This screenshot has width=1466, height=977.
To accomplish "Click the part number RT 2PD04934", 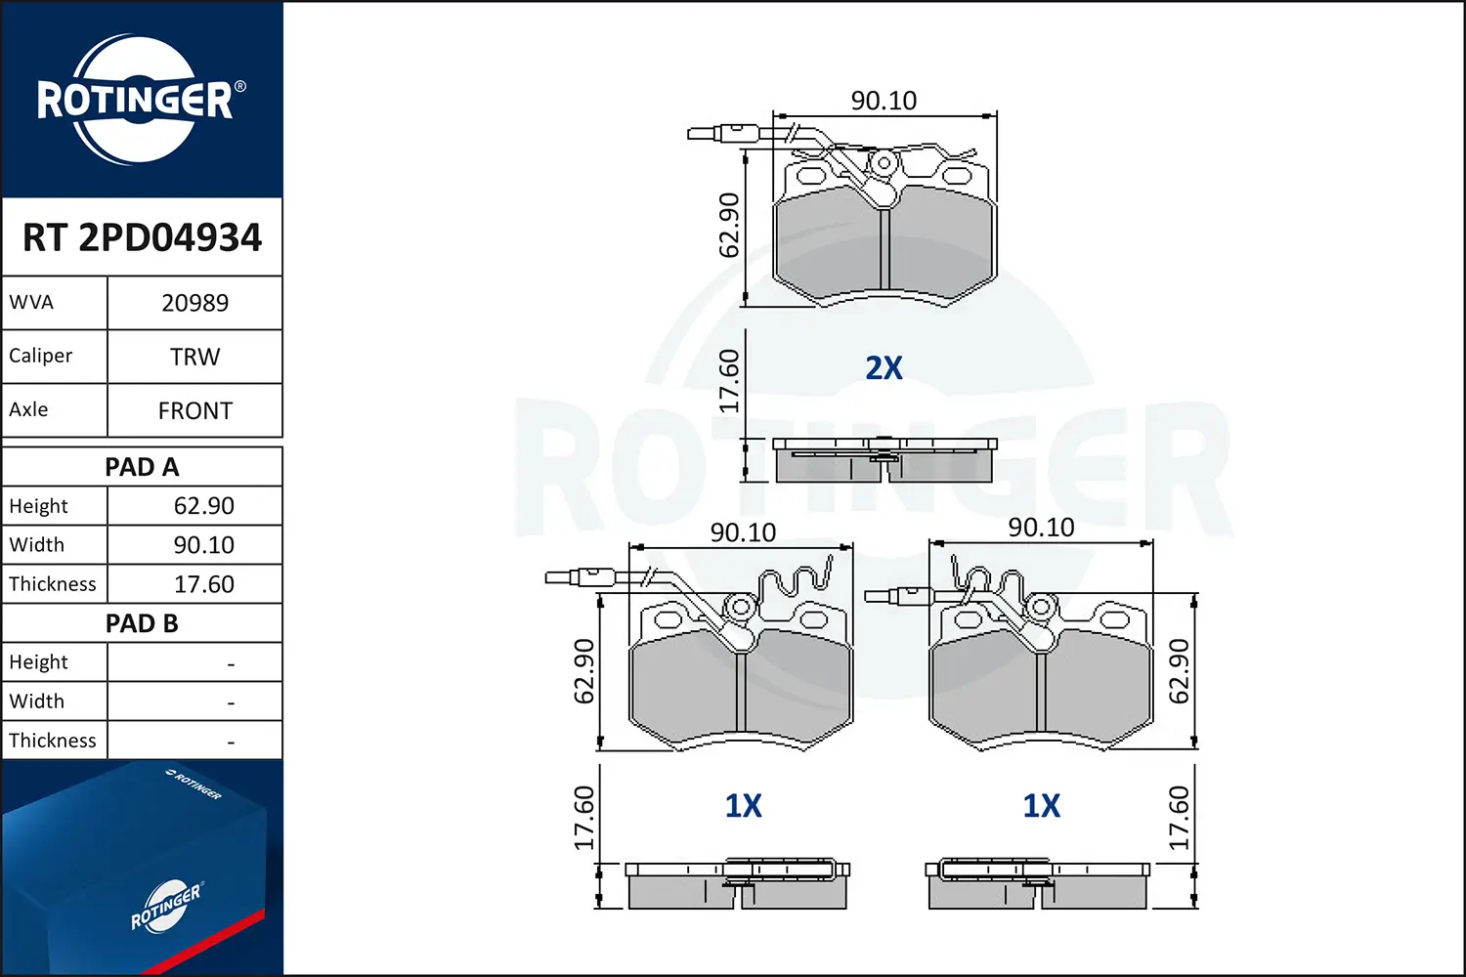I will (x=142, y=237).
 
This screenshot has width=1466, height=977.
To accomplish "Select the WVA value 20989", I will (x=194, y=303).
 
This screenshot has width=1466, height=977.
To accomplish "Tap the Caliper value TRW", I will (x=194, y=357).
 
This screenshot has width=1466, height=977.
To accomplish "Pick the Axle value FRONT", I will (x=194, y=410).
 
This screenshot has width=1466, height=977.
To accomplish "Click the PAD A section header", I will (x=142, y=467).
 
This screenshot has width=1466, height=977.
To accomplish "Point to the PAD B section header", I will (x=142, y=623).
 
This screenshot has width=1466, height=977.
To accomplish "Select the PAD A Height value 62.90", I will (x=203, y=506).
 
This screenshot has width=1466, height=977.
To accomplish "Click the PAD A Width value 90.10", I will (x=203, y=545).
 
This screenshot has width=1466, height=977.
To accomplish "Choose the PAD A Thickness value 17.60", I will (x=203, y=584).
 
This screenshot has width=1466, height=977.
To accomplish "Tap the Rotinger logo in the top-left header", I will (x=136, y=100).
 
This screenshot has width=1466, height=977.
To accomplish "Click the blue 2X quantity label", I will (x=884, y=368).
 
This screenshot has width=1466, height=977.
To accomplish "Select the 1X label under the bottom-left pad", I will (x=743, y=806).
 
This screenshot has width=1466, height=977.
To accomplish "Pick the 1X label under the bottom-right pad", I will (x=1041, y=806).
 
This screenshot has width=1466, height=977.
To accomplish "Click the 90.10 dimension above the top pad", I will (x=884, y=101).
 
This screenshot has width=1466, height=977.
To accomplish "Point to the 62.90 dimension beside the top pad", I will (x=729, y=226).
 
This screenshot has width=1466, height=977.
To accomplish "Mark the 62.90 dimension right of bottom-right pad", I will (x=1180, y=671).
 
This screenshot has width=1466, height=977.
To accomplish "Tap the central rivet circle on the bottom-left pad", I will (x=741, y=608).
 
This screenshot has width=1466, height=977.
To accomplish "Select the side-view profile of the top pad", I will (x=884, y=460).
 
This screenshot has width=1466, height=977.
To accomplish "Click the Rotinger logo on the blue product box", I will (x=166, y=906).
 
